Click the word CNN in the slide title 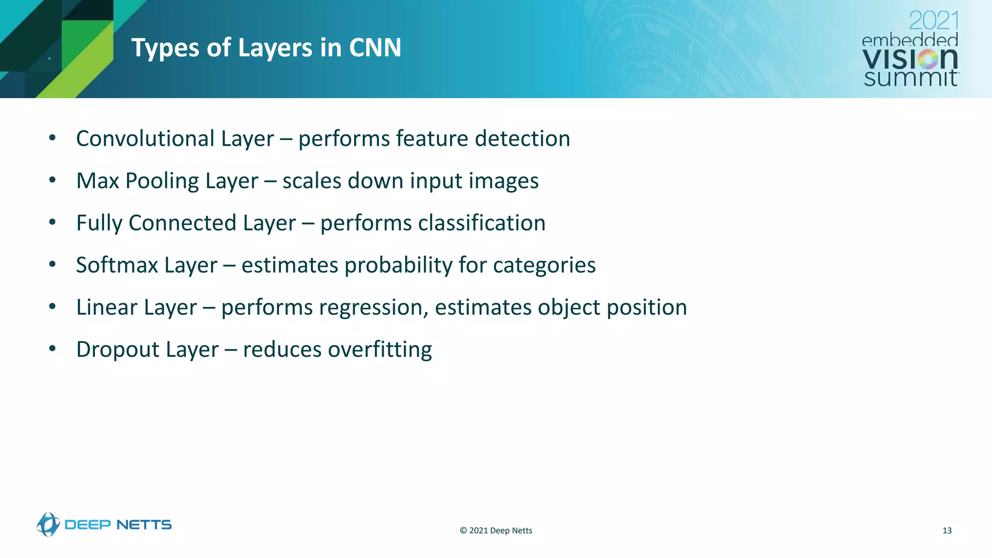[x=375, y=48]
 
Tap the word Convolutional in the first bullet [x=145, y=139]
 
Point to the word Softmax [x=117, y=265]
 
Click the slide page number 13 [x=947, y=530]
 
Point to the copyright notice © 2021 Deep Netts [x=496, y=530]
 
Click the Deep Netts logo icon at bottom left [x=48, y=525]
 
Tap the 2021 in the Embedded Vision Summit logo [x=933, y=21]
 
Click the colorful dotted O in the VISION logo [x=928, y=60]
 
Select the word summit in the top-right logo [x=911, y=78]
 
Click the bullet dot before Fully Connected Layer [x=52, y=222]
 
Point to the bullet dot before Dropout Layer [x=52, y=349]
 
